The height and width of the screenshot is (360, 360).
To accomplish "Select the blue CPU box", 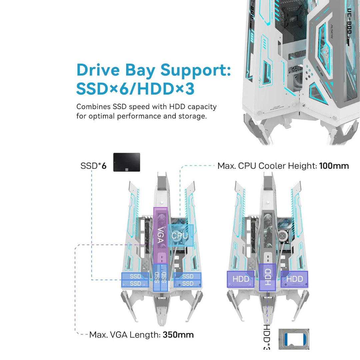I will click(180, 235).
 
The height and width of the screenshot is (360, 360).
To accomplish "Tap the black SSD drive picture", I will click(127, 162).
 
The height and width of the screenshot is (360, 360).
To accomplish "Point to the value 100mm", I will click(334, 166).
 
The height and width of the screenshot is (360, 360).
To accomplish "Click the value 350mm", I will click(178, 334).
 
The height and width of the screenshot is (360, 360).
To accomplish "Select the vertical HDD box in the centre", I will click(268, 276).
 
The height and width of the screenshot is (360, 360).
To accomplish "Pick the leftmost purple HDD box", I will click(241, 279).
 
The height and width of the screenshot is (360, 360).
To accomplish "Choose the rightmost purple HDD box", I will click(294, 279).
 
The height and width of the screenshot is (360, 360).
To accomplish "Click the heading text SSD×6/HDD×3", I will click(135, 89).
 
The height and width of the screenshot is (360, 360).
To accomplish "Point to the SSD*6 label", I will click(93, 166).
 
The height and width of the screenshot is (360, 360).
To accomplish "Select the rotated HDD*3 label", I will click(267, 337).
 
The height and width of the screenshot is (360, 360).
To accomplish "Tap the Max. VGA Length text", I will click(125, 334).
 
